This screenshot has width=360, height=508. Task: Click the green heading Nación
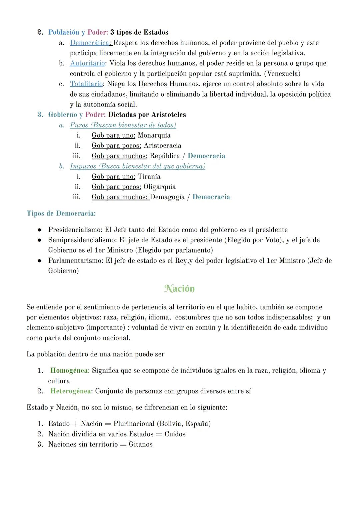(179, 288)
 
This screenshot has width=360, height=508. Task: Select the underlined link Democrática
(89, 43)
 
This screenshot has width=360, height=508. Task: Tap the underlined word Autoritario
(87, 63)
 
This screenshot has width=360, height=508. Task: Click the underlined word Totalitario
(86, 84)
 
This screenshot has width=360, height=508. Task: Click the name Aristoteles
(168, 115)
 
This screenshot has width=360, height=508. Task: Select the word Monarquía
(154, 135)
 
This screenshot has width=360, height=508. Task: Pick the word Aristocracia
(162, 146)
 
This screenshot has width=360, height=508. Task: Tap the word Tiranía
(149, 177)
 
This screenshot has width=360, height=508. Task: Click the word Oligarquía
(159, 187)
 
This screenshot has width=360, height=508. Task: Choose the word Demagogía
(167, 197)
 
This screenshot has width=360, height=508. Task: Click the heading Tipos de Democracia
(61, 214)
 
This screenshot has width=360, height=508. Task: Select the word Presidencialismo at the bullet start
(75, 230)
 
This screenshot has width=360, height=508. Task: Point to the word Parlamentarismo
(75, 261)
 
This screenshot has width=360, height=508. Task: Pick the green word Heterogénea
(70, 391)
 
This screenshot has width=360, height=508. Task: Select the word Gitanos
(141, 445)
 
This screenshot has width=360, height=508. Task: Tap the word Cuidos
(175, 434)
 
